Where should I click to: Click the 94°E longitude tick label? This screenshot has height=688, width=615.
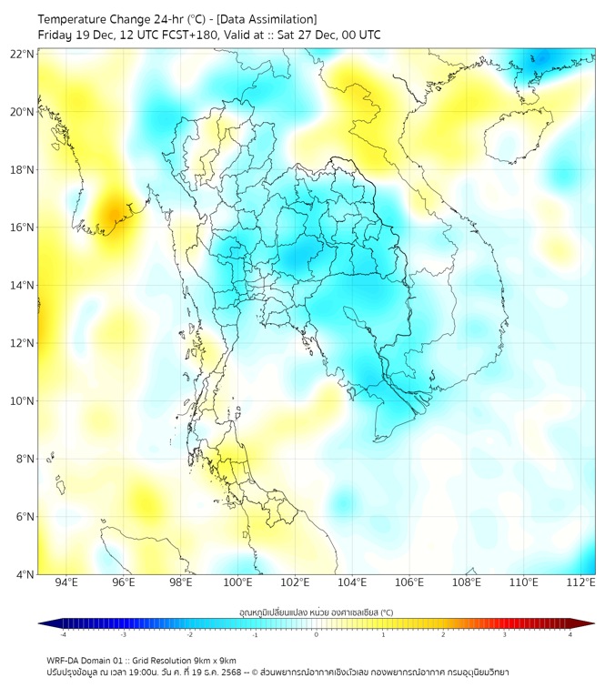tap(66, 582)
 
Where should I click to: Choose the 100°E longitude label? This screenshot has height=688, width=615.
tap(238, 582)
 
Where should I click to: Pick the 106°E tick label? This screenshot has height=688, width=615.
tap(409, 582)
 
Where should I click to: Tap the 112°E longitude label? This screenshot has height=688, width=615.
tap(581, 582)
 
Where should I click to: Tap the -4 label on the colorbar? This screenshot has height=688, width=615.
tap(63, 634)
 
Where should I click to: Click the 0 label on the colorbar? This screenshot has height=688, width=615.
tap(317, 634)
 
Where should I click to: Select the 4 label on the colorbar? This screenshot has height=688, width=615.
tap(570, 634)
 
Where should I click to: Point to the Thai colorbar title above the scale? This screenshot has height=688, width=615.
tap(316, 612)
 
